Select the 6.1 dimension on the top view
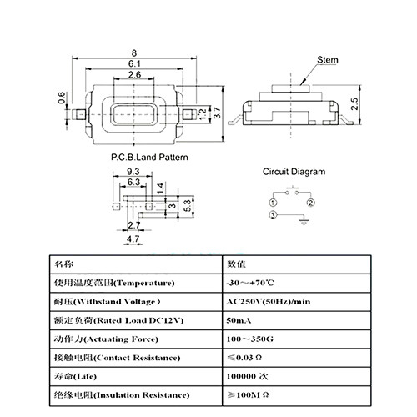[133, 64]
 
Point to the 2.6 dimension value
[133, 76]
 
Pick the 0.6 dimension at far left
[61, 99]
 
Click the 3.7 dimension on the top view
[217, 115]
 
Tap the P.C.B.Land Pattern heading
[149, 157]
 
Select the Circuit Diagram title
[294, 172]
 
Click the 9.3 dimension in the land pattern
[132, 171]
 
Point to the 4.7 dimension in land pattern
[132, 239]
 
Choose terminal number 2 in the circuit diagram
[310, 203]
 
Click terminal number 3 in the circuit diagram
[273, 217]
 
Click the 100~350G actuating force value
[251, 339]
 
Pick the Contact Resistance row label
[117, 358]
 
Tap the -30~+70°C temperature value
[249, 284]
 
